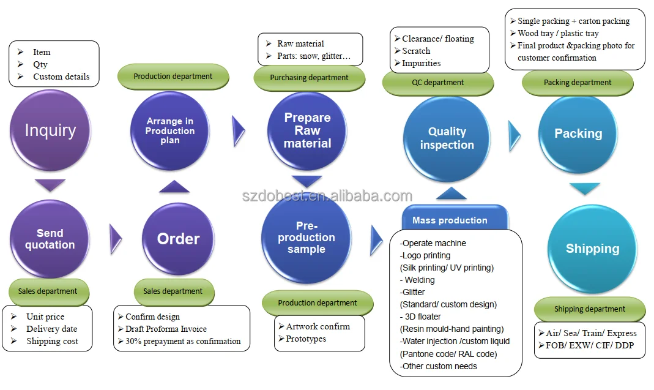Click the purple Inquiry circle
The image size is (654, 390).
click(50, 130)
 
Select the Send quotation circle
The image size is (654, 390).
click(50, 239)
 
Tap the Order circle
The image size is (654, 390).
click(179, 239)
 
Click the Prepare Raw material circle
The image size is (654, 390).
click(307, 130)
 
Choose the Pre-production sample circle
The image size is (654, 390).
click(306, 237)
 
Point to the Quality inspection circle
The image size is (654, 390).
click(447, 138)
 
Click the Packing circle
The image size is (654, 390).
click(578, 133)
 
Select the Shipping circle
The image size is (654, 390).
click(592, 248)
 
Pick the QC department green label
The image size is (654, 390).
click(437, 83)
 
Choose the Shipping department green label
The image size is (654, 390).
click(590, 309)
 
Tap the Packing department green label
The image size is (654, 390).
click(578, 83)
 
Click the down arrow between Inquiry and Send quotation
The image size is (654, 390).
click(50, 184)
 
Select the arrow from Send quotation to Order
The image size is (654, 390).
click(116, 239)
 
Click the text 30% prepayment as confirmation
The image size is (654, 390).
click(183, 341)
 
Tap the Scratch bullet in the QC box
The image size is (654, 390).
click(416, 51)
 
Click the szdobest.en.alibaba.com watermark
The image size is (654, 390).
click(327, 196)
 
